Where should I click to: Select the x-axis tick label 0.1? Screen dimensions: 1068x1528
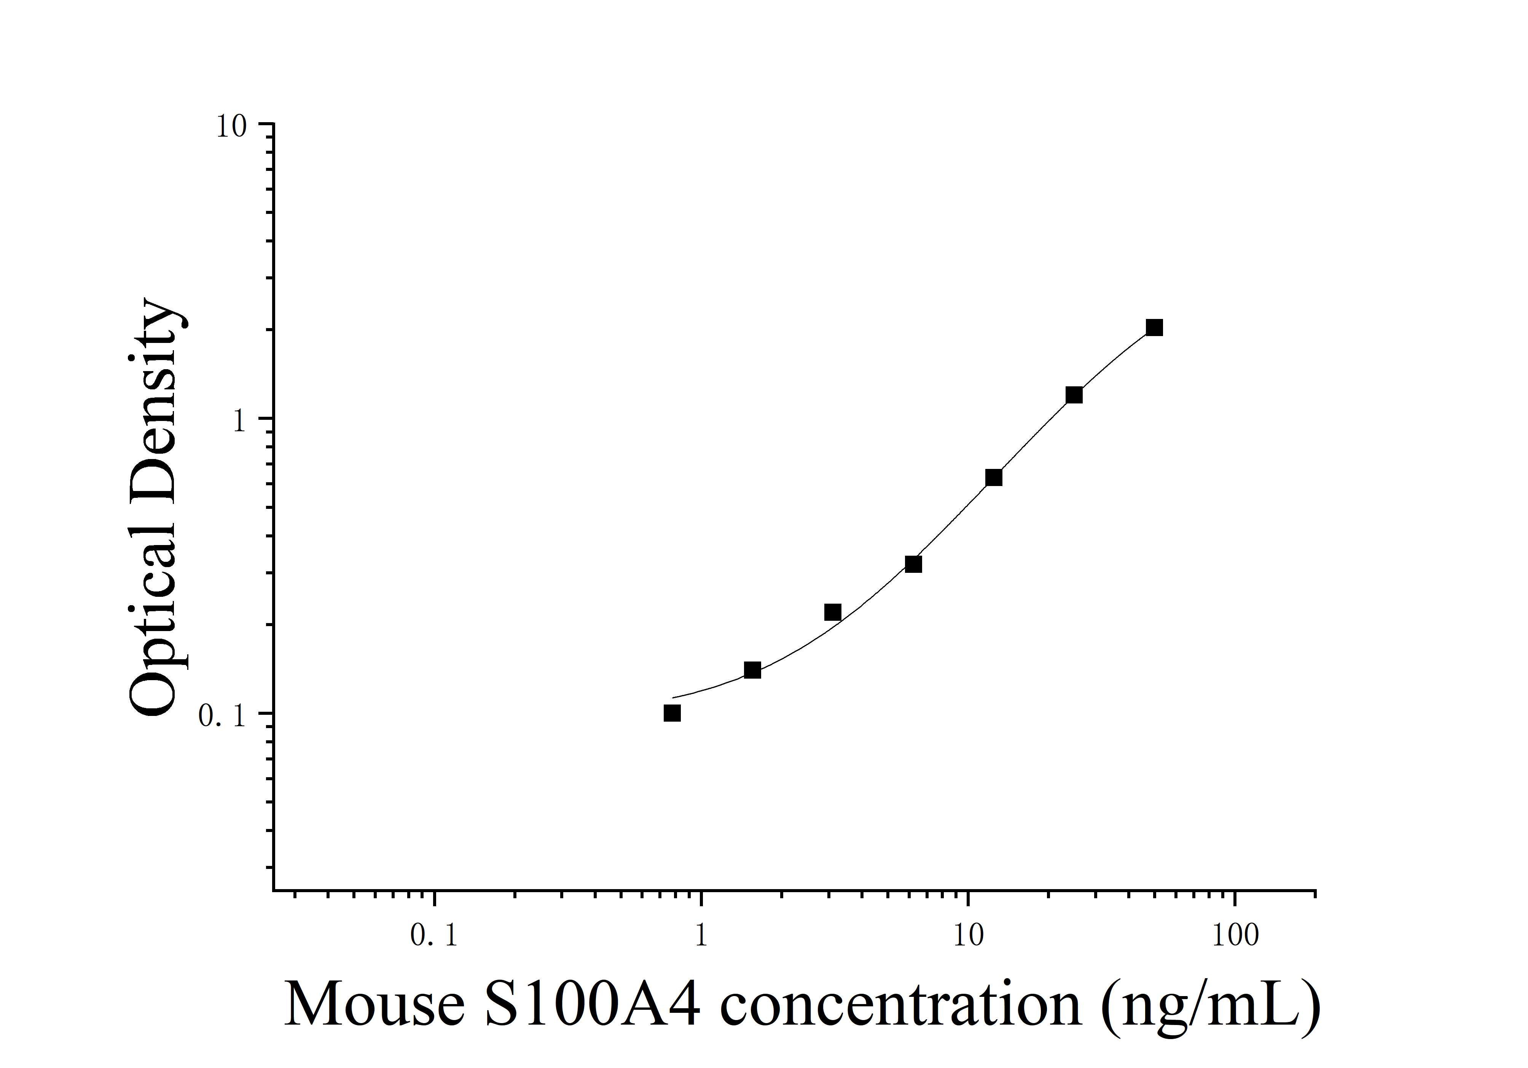click(x=434, y=937)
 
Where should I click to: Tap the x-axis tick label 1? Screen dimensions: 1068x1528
click(x=701, y=937)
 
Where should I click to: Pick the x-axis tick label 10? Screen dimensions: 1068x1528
click(x=968, y=937)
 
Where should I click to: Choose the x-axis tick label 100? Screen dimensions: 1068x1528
click(x=1235, y=937)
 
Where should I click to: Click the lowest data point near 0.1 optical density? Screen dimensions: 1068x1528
click(x=672, y=713)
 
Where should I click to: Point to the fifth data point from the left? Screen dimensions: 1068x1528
click(x=994, y=478)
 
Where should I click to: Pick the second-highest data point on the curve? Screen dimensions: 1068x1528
click(x=1074, y=395)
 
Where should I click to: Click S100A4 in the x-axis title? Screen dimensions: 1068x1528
click(x=592, y=1005)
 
